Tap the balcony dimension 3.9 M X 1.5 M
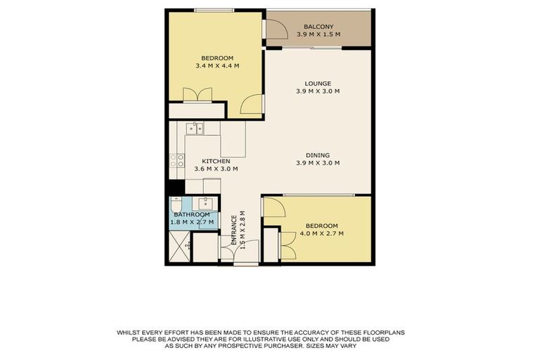(x=319, y=34)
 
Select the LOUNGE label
(x=318, y=83)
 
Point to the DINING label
(x=318, y=155)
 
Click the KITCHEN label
(x=216, y=160)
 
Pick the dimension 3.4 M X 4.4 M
(x=217, y=66)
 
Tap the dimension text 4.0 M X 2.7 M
(x=321, y=233)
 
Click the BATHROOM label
(x=192, y=214)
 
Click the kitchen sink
(x=195, y=128)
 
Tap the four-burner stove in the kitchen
(x=176, y=161)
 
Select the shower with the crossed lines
(x=179, y=246)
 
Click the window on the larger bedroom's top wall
(x=214, y=10)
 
